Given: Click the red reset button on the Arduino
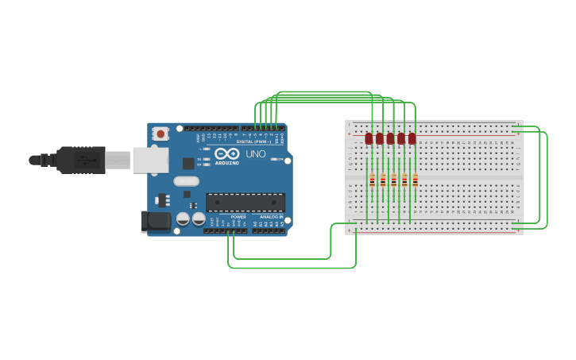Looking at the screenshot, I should pyautogui.click(x=160, y=134).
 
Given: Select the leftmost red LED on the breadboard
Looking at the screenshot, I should pyautogui.click(x=369, y=138).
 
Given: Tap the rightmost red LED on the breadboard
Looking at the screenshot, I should pyautogui.click(x=412, y=138).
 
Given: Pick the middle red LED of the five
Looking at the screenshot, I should pyautogui.click(x=390, y=138).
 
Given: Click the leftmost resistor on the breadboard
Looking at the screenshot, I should pyautogui.click(x=372, y=180).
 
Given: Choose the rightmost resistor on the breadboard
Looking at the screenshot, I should pyautogui.click(x=415, y=180).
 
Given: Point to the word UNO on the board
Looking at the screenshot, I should pyautogui.click(x=256, y=153).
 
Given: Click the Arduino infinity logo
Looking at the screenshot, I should pyautogui.click(x=226, y=153).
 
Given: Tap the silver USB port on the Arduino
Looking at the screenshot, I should pyautogui.click(x=150, y=160).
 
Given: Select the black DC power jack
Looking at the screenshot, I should pyautogui.click(x=156, y=221).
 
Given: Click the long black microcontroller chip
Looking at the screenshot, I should pyautogui.click(x=245, y=203).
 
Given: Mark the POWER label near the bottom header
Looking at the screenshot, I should pyautogui.click(x=238, y=216).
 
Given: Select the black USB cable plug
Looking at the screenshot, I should pyautogui.click(x=79, y=160).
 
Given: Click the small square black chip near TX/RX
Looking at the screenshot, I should pyautogui.click(x=188, y=163).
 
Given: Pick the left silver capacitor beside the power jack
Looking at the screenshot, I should pyautogui.click(x=183, y=218).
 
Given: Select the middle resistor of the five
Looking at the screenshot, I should pyautogui.click(x=393, y=180).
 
